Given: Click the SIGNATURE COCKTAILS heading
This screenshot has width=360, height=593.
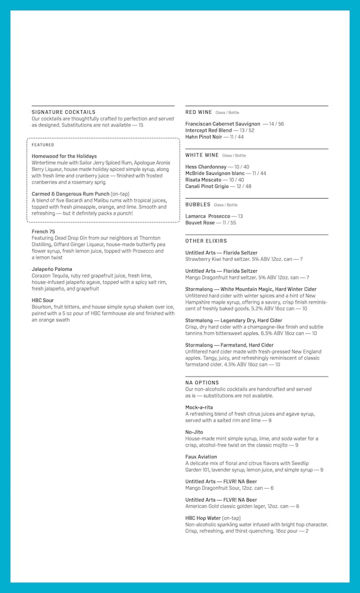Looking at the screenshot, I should pos(63,111).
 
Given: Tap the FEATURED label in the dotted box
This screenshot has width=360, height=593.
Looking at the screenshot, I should pos(43,145).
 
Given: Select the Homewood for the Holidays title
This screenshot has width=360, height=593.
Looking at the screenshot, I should pos(64,156).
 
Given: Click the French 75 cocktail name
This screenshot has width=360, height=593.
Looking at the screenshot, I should pos(43,231).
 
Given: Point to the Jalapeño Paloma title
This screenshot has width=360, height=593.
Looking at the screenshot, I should pos(52,269).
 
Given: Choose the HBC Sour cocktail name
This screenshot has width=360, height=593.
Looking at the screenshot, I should pos(43,301).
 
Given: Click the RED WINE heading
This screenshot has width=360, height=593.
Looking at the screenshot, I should pos(198,112).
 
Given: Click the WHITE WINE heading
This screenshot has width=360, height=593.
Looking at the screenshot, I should pos(202,155).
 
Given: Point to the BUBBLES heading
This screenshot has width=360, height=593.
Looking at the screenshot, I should pos(197,205).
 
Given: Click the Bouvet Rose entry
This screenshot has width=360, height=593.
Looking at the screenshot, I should pos(200,223).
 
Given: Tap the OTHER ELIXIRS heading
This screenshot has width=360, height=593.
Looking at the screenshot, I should pos(206,241).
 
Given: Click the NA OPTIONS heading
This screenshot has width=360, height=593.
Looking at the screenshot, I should pos(202,382).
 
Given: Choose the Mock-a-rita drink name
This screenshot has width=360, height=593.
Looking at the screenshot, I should pos(199,407).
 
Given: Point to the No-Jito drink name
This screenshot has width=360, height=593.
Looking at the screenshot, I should pos(194,432).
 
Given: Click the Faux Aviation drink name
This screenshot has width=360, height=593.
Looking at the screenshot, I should pos(201,457).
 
